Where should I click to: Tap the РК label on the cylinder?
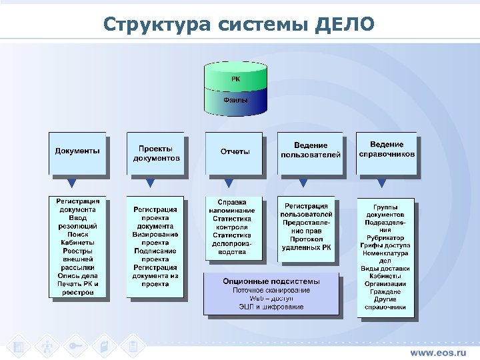[x=236, y=79]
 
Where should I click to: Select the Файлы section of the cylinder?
[x=236, y=100]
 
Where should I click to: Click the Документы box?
[x=77, y=151]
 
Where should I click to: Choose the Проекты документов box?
[x=156, y=153]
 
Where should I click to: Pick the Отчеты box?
[x=235, y=151]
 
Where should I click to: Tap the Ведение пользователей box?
[x=311, y=150]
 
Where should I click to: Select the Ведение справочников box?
[x=387, y=149]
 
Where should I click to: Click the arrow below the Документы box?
[x=72, y=183]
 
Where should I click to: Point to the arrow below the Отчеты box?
[x=229, y=183]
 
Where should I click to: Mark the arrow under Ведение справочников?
[x=381, y=183]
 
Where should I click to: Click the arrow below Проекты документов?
[x=151, y=183]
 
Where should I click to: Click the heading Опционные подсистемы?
[x=271, y=281]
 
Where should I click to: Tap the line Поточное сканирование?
[x=271, y=290]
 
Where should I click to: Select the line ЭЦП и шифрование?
[x=271, y=307]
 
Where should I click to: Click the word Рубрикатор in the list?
[x=385, y=238]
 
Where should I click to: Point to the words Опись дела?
[x=77, y=275]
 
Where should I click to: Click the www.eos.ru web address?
[x=437, y=351]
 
